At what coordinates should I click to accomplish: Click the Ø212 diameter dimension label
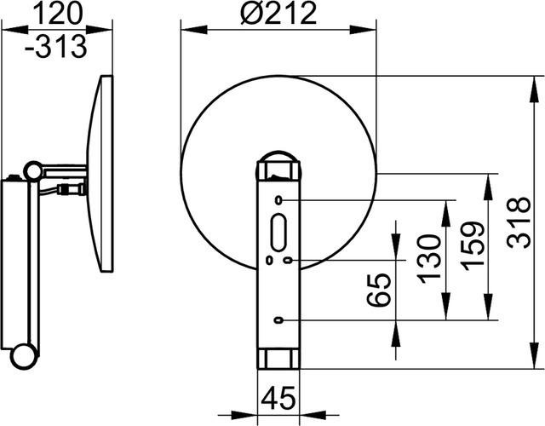pos(278,14)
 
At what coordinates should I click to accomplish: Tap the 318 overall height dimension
pos(519,223)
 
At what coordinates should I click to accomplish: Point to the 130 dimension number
pos(429,259)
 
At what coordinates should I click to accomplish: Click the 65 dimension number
pos(379,290)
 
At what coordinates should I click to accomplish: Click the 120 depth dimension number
pos(59,14)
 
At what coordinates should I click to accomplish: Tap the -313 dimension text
pos(55,46)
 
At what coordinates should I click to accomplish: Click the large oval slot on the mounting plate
pos(278,232)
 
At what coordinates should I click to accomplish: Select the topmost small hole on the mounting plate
pos(278,200)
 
